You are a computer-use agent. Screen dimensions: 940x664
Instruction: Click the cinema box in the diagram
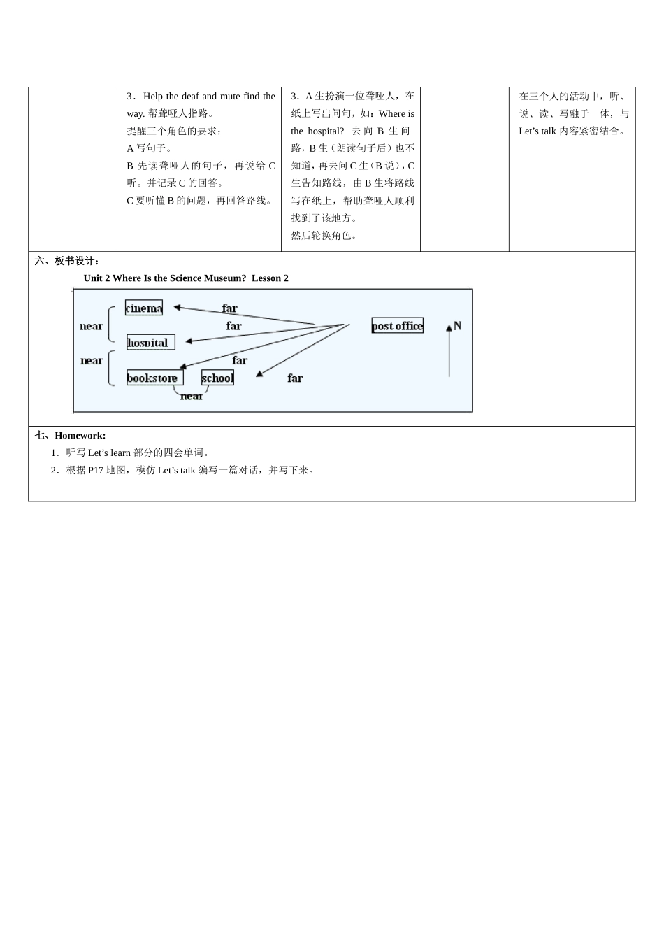[144, 308]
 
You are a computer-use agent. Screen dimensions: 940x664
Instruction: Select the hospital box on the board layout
[150, 343]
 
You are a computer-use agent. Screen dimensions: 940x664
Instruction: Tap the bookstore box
[154, 378]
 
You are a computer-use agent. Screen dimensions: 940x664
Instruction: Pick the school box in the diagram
[217, 378]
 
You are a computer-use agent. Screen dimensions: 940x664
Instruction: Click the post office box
[397, 325]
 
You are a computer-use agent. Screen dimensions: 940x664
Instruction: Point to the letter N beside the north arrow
[458, 325]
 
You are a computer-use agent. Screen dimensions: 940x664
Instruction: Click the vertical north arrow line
[449, 353]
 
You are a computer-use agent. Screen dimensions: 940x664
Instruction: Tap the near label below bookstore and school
[191, 397]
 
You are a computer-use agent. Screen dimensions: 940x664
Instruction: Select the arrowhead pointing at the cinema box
[178, 307]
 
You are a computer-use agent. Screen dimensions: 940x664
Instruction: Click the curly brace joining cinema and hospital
[110, 325]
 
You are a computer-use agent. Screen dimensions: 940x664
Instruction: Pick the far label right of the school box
[295, 378]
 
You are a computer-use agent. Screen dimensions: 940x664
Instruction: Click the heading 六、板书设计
[67, 261]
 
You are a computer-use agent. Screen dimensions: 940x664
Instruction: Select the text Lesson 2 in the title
[270, 278]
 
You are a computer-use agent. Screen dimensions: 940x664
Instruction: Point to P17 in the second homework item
[95, 470]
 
